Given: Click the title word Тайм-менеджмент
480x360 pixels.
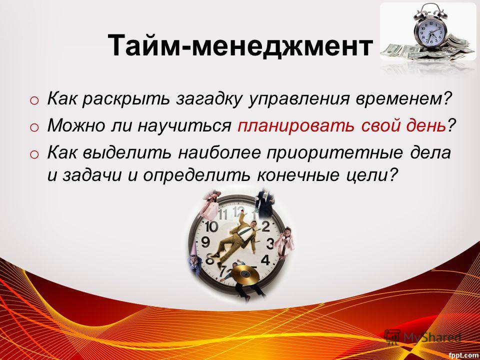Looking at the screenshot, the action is point(240,45).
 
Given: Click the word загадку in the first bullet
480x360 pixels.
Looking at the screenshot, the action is point(208,99).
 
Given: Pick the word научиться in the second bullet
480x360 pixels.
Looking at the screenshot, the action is point(184,126).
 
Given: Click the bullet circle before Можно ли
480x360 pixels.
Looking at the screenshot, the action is point(34,127).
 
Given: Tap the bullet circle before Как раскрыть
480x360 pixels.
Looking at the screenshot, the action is point(34,100).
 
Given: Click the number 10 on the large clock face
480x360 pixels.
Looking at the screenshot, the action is point(211,227).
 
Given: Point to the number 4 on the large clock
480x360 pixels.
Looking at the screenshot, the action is point(265,260).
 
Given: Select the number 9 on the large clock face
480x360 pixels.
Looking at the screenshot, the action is point(205,242).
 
